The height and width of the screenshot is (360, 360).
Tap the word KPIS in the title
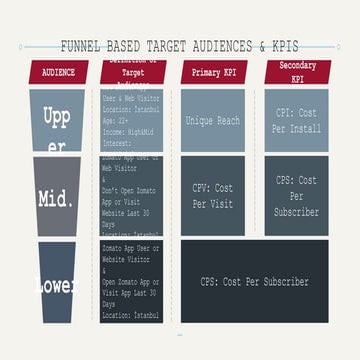(x=279, y=46)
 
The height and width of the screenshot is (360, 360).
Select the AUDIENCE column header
(x=59, y=72)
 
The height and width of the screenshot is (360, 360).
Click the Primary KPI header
(x=214, y=72)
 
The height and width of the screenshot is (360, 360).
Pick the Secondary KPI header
(x=297, y=72)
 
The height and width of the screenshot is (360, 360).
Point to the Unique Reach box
(x=214, y=120)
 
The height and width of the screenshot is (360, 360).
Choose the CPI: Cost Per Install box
(x=297, y=120)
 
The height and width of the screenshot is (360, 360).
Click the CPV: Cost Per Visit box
(x=214, y=195)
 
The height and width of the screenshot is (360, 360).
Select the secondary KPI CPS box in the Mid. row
(x=297, y=195)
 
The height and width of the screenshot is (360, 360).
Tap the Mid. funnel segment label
(x=56, y=197)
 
